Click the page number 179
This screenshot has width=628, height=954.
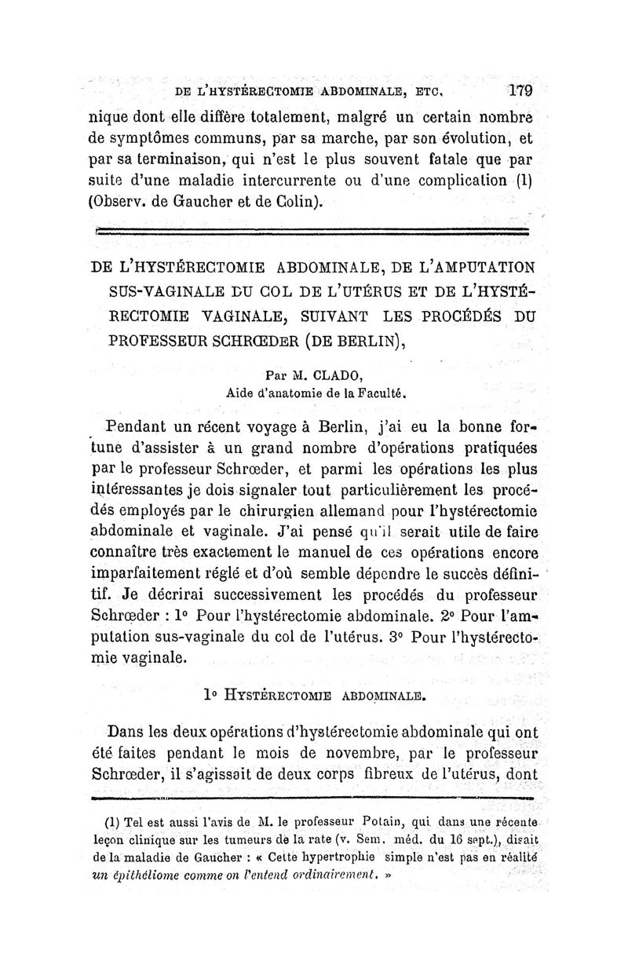[x=520, y=90]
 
